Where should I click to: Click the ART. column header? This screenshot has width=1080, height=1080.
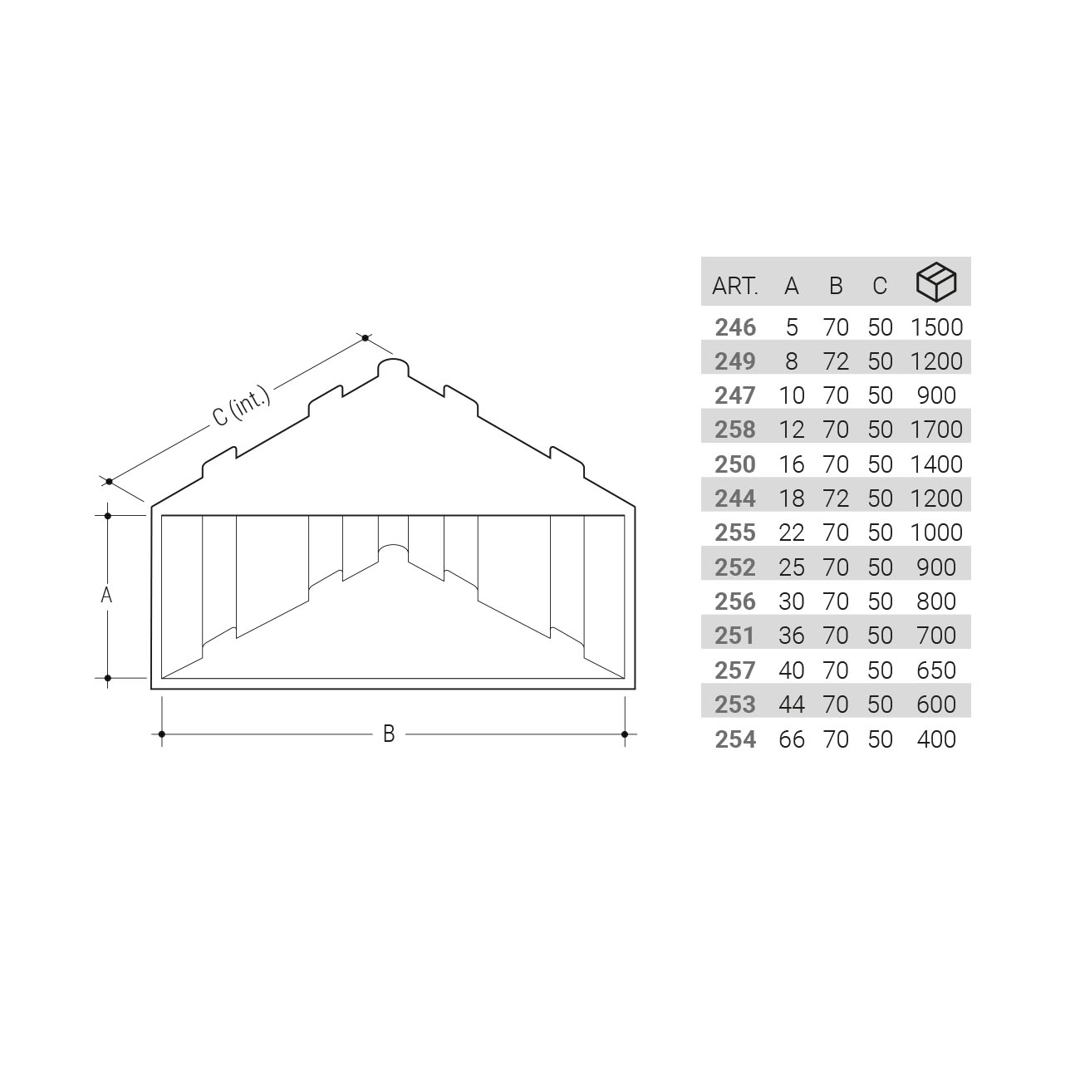(x=734, y=287)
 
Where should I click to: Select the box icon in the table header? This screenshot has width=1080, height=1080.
(x=936, y=282)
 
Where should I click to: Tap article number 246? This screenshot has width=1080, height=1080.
(x=735, y=327)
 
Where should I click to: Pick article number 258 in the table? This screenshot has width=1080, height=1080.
(x=735, y=430)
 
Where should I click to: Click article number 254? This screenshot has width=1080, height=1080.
(x=735, y=740)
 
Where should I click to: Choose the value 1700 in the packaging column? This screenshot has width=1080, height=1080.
(x=936, y=430)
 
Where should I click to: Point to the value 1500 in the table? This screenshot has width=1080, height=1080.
(x=936, y=327)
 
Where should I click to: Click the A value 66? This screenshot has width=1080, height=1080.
(x=792, y=740)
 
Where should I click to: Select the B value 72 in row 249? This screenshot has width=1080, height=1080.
(x=836, y=361)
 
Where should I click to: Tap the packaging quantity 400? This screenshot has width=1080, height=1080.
(x=936, y=740)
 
